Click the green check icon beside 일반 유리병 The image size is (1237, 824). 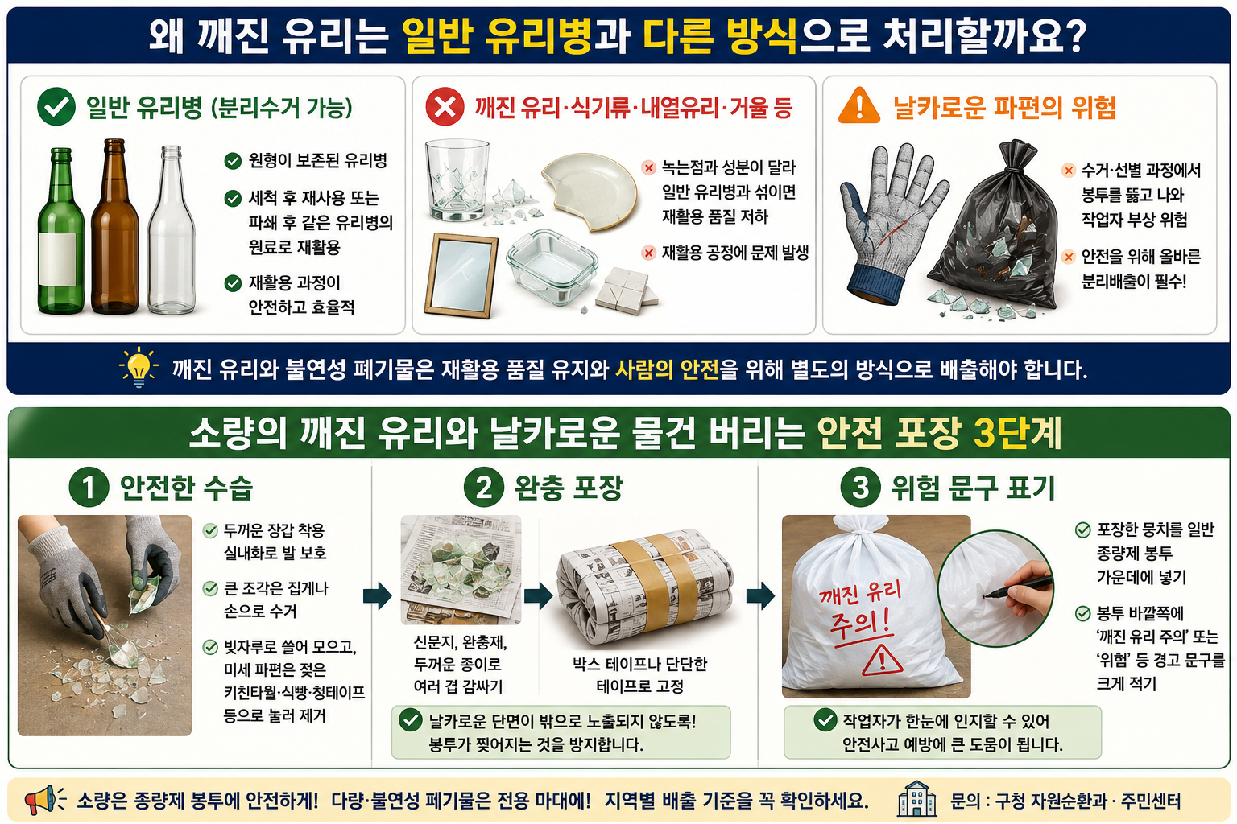tap(56, 106)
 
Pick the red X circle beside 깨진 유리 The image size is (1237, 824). tap(445, 106)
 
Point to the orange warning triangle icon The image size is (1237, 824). tap(858, 105)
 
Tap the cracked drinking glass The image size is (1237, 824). tap(457, 179)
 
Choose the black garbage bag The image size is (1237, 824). tap(994, 226)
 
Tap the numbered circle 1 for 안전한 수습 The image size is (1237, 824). tap(89, 487)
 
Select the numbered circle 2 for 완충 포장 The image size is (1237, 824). tap(484, 487)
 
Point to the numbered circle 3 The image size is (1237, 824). tap(860, 487)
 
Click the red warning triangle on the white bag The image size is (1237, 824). tap(883, 661)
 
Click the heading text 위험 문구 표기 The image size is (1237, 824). tap(973, 488)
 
